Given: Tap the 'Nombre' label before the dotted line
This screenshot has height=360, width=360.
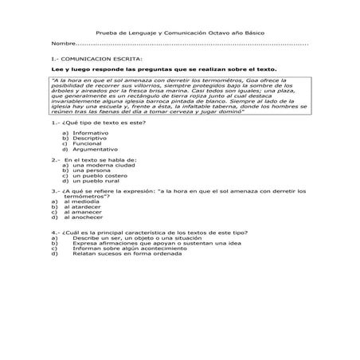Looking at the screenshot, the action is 63,45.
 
